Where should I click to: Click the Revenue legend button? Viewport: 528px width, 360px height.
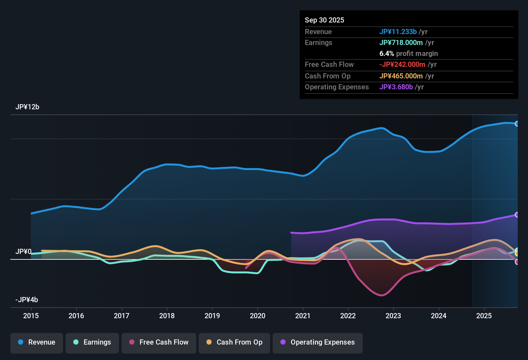point(37,342)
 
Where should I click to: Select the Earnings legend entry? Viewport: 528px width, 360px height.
point(92,342)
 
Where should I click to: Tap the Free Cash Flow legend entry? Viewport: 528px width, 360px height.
point(159,342)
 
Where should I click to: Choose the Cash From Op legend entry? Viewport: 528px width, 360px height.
point(234,342)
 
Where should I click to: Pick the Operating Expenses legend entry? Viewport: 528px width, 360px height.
point(318,342)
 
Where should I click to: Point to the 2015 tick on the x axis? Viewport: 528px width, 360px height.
point(31,316)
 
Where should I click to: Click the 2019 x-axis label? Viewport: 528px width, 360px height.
point(212,316)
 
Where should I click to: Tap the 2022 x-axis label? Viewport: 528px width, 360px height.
point(348,316)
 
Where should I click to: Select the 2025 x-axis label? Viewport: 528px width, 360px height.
point(484,316)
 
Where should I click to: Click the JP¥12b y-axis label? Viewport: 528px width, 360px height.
point(27,107)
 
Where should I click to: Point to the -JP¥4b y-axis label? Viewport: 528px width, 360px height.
point(27,300)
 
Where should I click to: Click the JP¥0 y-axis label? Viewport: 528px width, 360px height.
point(23,251)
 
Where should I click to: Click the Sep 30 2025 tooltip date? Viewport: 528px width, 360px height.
point(324,20)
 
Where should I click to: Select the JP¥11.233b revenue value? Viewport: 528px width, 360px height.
point(398,32)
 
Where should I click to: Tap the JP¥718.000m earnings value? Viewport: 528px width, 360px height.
point(401,42)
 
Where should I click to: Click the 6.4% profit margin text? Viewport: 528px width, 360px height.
point(409,53)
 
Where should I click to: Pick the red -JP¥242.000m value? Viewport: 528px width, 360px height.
point(402,64)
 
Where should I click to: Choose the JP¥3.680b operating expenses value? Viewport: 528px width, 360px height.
point(396,87)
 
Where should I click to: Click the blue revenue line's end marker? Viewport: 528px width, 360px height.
point(517,124)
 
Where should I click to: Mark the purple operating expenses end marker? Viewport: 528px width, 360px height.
point(517,215)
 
